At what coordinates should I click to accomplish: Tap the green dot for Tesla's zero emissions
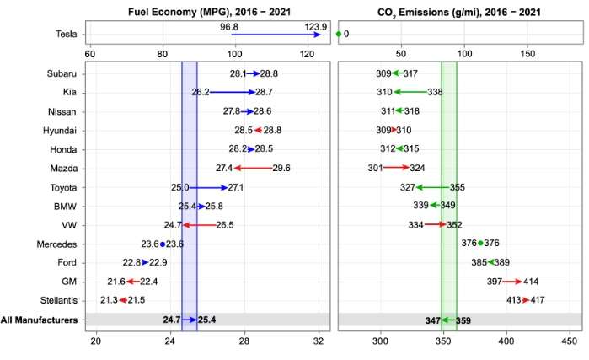click(339, 35)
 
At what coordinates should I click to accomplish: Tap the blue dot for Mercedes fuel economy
click(163, 244)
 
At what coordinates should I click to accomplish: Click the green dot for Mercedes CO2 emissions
click(480, 244)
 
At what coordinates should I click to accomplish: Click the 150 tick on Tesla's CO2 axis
click(527, 54)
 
